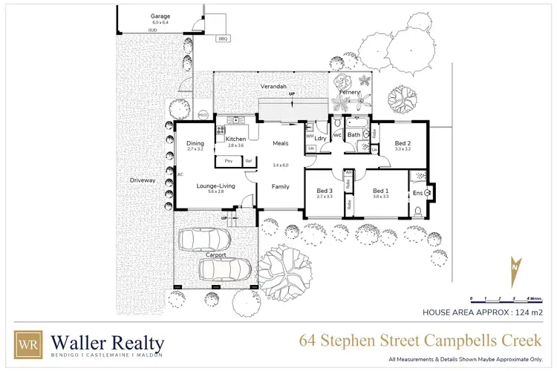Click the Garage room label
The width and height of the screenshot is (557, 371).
click(x=160, y=16)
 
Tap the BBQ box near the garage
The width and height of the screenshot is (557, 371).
click(x=223, y=39)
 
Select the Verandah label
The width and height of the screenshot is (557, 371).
click(x=273, y=87)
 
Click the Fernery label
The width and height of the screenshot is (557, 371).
click(x=349, y=93)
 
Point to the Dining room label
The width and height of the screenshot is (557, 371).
click(x=195, y=143)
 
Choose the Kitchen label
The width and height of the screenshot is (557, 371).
click(x=235, y=139)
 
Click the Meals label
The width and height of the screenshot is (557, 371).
click(x=280, y=143)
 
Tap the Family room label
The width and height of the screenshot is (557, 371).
click(x=280, y=186)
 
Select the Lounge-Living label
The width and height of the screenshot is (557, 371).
click(x=215, y=185)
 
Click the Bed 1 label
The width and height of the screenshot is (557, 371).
click(x=381, y=191)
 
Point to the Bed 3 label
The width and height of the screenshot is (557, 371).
click(x=325, y=191)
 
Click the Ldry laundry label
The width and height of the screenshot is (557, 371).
click(x=321, y=138)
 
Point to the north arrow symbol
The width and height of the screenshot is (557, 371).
click(x=515, y=272)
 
